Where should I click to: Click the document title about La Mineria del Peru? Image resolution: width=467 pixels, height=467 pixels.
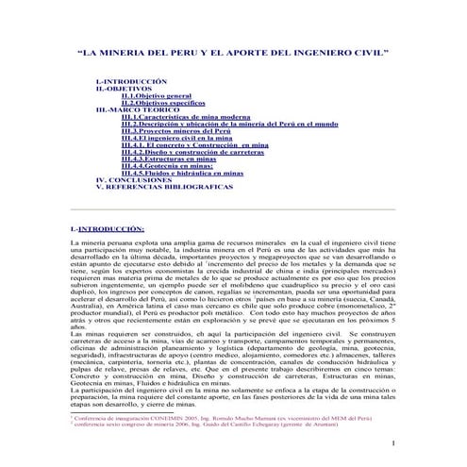233,55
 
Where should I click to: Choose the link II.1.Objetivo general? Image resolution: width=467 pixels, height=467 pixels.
156,96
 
